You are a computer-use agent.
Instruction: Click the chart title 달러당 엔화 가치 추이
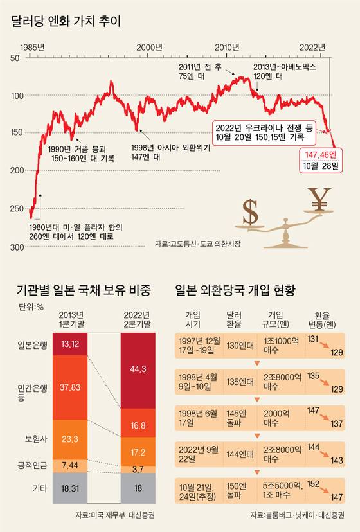click(x=66, y=21)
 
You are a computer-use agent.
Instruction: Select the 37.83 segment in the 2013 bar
click(x=69, y=387)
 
